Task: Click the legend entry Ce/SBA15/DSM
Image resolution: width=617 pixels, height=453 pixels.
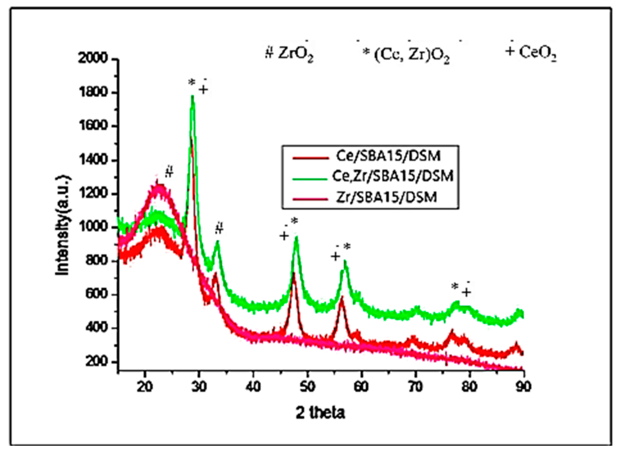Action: pyautogui.click(x=388, y=156)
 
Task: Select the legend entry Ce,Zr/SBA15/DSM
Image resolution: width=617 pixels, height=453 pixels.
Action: pyautogui.click(x=393, y=176)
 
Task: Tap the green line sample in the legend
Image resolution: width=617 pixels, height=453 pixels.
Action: pyautogui.click(x=310, y=178)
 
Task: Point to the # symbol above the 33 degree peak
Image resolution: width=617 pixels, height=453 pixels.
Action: pyautogui.click(x=219, y=228)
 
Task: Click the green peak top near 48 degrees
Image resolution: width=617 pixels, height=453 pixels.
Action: pyautogui.click(x=296, y=238)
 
